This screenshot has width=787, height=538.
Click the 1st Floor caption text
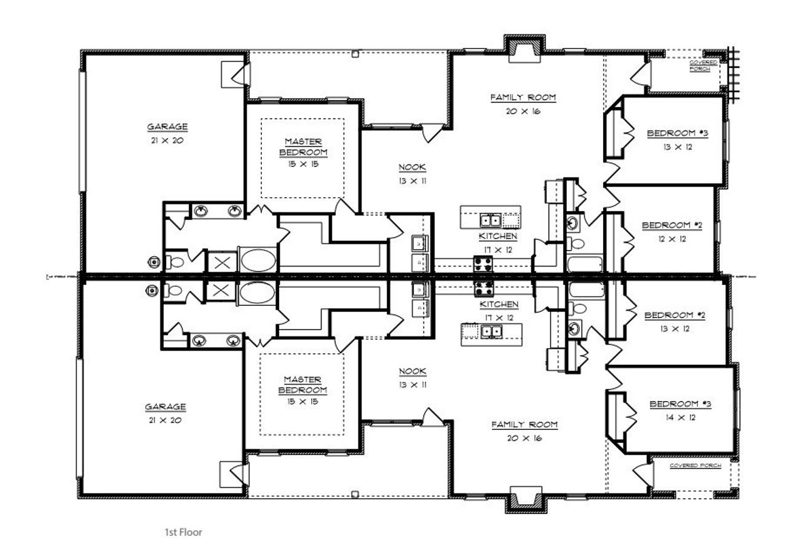click(183, 532)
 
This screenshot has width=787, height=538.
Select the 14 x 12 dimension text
click(681, 418)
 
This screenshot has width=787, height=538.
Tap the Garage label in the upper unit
click(167, 127)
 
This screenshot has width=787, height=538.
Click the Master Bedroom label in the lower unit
click(302, 384)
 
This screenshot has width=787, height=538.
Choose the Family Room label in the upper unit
click(523, 97)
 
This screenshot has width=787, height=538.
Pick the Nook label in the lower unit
click(412, 371)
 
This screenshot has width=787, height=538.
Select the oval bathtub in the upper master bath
click(258, 260)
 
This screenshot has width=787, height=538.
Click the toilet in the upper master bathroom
click(175, 262)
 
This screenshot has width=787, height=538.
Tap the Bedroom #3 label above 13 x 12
click(678, 133)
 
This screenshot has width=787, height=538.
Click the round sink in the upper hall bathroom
click(573, 221)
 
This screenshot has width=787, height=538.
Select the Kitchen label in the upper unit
click(497, 236)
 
